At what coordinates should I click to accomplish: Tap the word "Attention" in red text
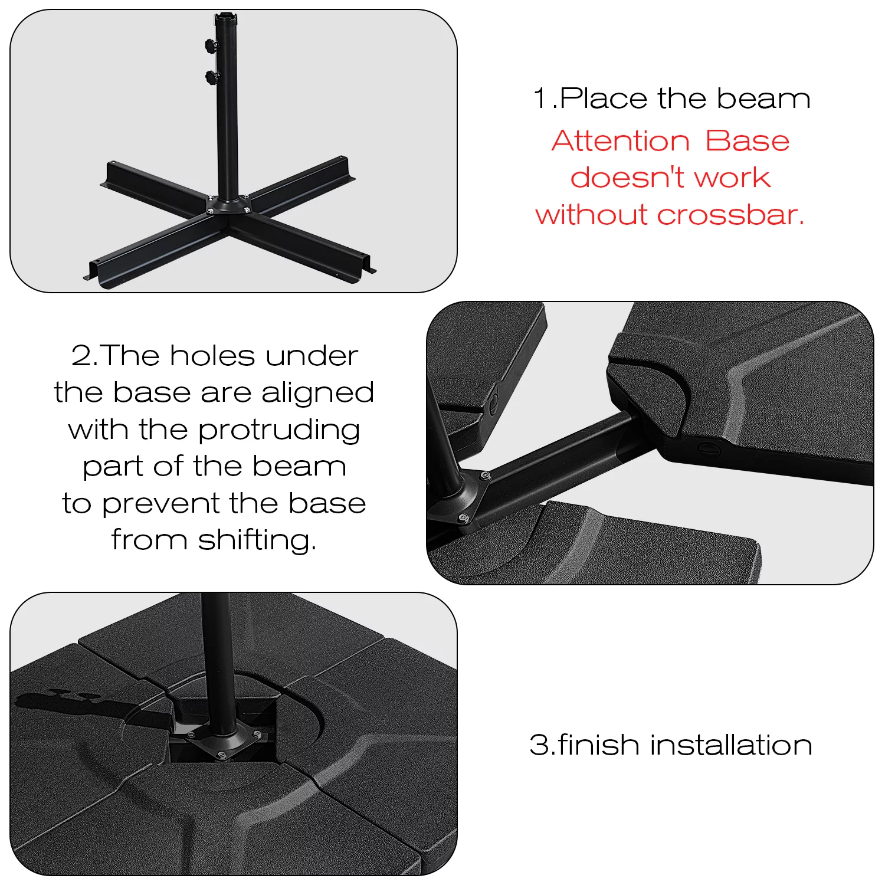(x=621, y=141)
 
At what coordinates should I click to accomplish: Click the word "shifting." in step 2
(x=257, y=540)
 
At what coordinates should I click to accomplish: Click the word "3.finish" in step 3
(x=584, y=745)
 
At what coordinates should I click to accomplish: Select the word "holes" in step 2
(x=212, y=356)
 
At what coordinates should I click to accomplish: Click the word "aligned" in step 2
(x=317, y=394)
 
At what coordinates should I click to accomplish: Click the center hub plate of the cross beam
(x=227, y=205)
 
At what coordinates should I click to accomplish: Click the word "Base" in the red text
(x=747, y=141)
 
